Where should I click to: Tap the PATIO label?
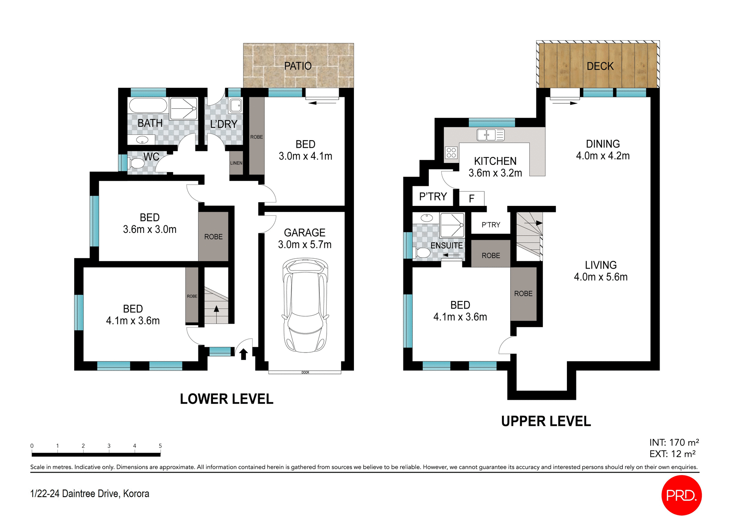[298, 66]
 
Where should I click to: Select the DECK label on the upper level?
[600, 66]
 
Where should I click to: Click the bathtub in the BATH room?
[148, 105]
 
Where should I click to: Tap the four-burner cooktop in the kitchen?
[451, 153]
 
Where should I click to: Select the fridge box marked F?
[471, 198]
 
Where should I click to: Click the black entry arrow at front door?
[244, 354]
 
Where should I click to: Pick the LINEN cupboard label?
[236, 163]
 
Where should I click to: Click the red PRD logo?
[681, 495]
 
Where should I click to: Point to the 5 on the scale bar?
[160, 446]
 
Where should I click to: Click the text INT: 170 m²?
[674, 442]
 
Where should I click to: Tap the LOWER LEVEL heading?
[227, 399]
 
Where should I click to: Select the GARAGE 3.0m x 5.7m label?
[305, 239]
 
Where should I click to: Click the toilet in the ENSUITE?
[422, 253]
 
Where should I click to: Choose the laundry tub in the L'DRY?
[236, 105]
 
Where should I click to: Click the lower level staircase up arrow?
[216, 309]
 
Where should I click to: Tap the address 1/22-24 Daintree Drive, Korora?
[90, 494]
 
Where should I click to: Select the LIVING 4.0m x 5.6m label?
[601, 271]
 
